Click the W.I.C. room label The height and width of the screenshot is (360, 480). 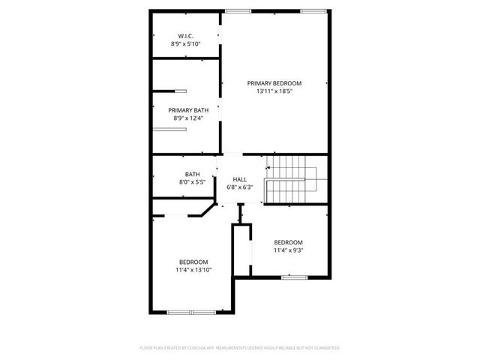coord(186,36)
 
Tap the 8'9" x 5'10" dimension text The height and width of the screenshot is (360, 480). coord(186,44)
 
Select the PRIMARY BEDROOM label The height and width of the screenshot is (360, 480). coord(274,82)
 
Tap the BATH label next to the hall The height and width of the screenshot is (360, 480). coord(193,174)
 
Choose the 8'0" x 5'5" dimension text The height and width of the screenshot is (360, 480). coord(193,182)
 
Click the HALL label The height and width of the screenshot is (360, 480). coord(240,179)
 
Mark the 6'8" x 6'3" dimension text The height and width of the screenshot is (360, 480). coord(240,187)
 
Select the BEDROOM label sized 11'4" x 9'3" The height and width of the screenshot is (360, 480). coord(288,242)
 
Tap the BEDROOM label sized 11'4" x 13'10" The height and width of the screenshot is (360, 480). coord(193,262)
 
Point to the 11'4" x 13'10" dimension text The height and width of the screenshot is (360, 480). coord(193,270)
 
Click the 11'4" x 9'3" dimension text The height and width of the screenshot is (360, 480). coord(288,250)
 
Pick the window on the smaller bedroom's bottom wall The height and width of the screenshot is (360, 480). coord(295,277)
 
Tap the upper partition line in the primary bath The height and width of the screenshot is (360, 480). coord(181,91)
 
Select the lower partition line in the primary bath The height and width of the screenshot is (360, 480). coord(169,129)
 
